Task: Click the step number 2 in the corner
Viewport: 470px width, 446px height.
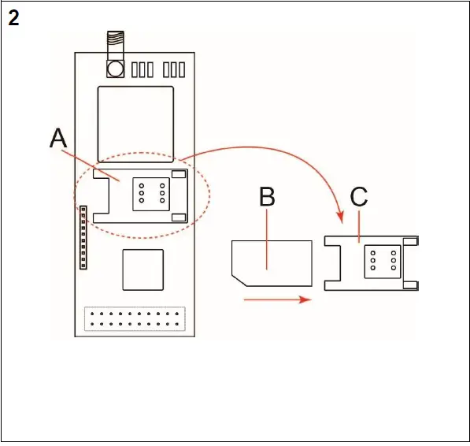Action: coord(13,18)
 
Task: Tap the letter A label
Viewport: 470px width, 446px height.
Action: coord(58,139)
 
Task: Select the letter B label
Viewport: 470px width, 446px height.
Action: coord(268,197)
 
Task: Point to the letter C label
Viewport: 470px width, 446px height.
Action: coord(359,197)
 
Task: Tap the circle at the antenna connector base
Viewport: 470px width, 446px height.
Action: coord(116,69)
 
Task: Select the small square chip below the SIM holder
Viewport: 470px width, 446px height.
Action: coord(142,270)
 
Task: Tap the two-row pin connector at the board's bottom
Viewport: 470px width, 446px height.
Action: coord(135,320)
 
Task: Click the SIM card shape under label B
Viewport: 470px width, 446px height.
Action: coord(272,263)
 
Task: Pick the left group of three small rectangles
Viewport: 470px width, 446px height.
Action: coord(142,69)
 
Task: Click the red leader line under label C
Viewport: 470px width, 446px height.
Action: coord(361,225)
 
